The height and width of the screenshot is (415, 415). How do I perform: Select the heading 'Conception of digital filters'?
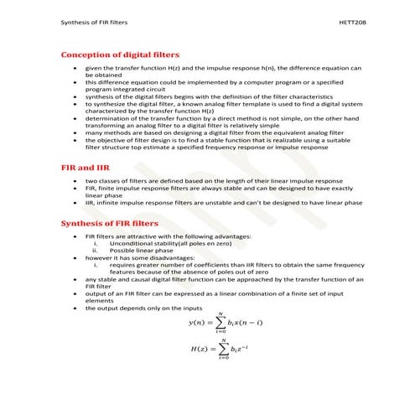pos(121,54)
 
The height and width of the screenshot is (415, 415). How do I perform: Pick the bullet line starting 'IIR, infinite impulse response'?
pos(224,202)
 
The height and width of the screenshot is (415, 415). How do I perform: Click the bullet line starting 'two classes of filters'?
pos(214,181)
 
